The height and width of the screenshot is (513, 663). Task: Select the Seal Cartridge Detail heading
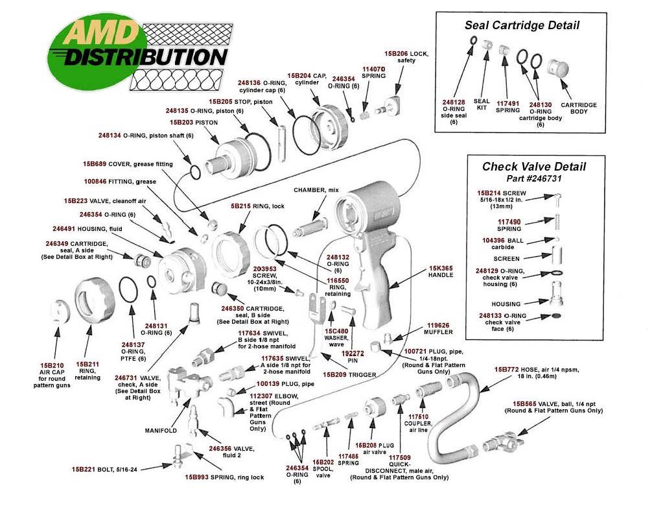click(x=522, y=26)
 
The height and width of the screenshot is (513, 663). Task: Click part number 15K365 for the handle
click(x=441, y=267)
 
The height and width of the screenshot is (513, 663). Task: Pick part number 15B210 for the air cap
click(x=52, y=365)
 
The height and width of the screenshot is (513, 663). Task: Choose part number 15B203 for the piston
click(x=183, y=122)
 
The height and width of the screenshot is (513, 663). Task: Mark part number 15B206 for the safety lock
click(x=397, y=53)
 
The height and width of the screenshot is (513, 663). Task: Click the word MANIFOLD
click(x=162, y=430)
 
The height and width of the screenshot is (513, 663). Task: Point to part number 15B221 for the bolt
click(x=84, y=468)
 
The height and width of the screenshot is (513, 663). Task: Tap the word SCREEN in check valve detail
click(x=506, y=258)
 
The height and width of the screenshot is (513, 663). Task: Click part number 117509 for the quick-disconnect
click(x=401, y=457)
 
